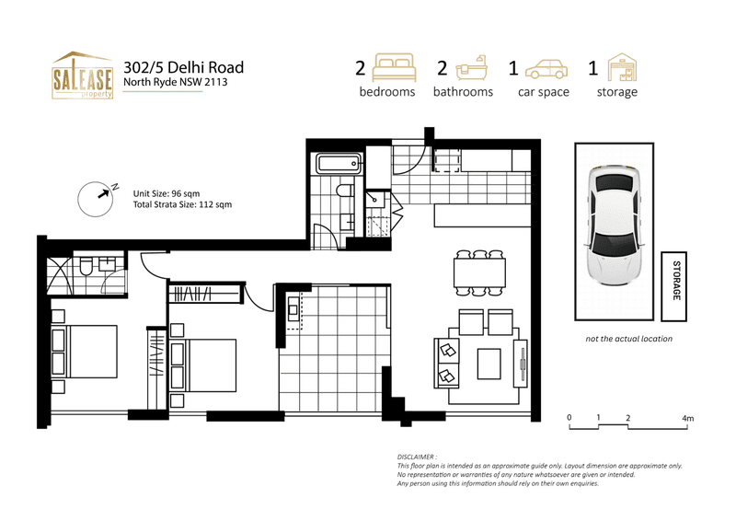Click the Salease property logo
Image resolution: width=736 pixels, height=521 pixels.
click(x=82, y=75)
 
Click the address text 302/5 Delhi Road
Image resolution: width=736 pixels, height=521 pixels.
click(x=183, y=66)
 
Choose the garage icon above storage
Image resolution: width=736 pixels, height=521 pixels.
click(x=617, y=67)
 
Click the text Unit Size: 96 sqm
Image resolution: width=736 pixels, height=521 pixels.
click(x=167, y=193)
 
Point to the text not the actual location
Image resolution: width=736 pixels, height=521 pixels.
click(x=628, y=339)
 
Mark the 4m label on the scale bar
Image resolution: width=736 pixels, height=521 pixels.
click(x=687, y=419)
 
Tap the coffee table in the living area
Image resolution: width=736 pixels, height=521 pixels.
click(x=489, y=363)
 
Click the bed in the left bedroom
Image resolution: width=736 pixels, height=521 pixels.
click(x=87, y=352)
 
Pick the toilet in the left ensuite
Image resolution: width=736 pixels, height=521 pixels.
click(x=86, y=267)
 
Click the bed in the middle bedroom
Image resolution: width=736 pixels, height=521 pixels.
click(x=216, y=365)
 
